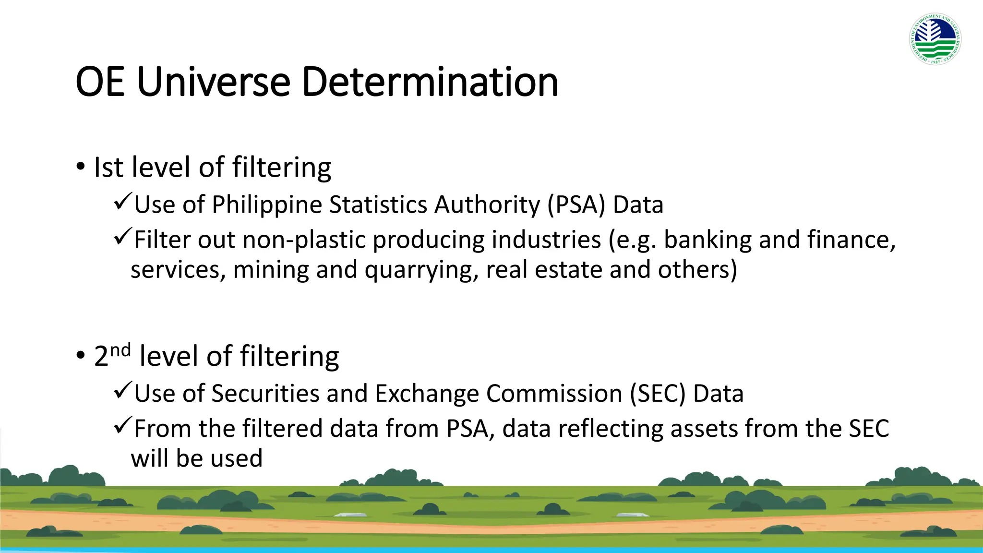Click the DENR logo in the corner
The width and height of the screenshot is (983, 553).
point(935,39)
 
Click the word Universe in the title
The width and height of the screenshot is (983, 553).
point(214,82)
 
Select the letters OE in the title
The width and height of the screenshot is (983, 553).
point(100,82)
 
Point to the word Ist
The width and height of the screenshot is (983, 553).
point(108,168)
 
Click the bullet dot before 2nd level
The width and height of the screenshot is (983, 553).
point(80,356)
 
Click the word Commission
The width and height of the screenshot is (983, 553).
point(554,394)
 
